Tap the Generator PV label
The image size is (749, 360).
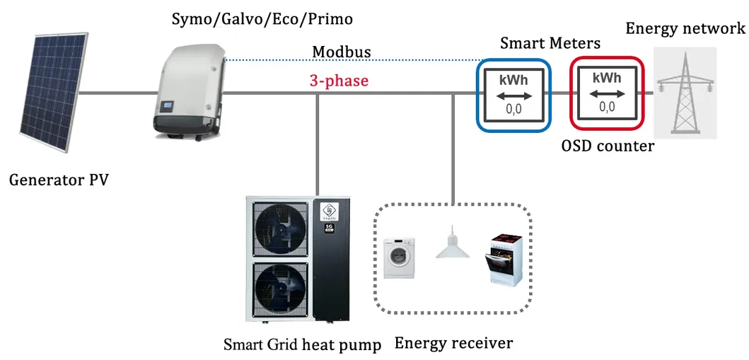[59, 180]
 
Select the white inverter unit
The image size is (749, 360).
[187, 88]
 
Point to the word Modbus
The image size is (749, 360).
[341, 53]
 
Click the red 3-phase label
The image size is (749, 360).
[339, 81]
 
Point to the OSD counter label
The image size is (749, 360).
[608, 146]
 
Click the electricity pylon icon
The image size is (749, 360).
[685, 92]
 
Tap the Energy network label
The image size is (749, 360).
[685, 28]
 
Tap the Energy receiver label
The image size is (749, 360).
[453, 343]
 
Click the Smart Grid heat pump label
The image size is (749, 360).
[302, 344]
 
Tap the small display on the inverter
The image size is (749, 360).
[168, 108]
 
